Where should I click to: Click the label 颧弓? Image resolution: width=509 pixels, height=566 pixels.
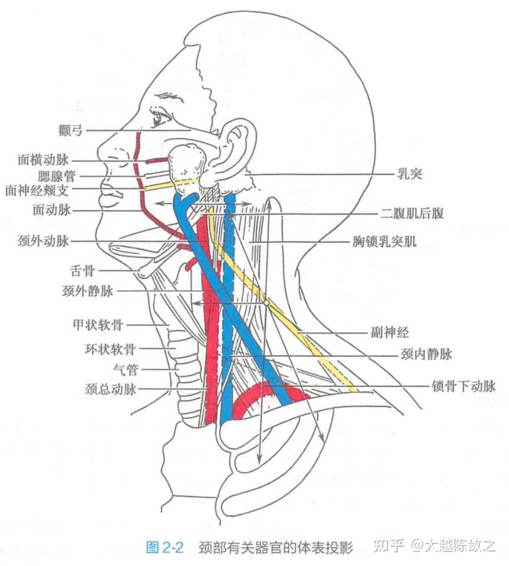click(x=71, y=130)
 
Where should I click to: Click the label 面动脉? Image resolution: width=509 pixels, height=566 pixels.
click(x=51, y=210)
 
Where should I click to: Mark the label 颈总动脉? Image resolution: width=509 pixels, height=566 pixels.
click(x=110, y=389)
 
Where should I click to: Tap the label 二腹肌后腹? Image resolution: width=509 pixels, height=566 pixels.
click(x=412, y=213)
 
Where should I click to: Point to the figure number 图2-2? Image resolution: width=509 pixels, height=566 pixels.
click(x=165, y=547)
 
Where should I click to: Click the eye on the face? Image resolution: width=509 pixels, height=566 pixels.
click(x=159, y=118)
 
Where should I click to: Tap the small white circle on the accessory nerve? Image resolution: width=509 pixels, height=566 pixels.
click(x=265, y=303)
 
